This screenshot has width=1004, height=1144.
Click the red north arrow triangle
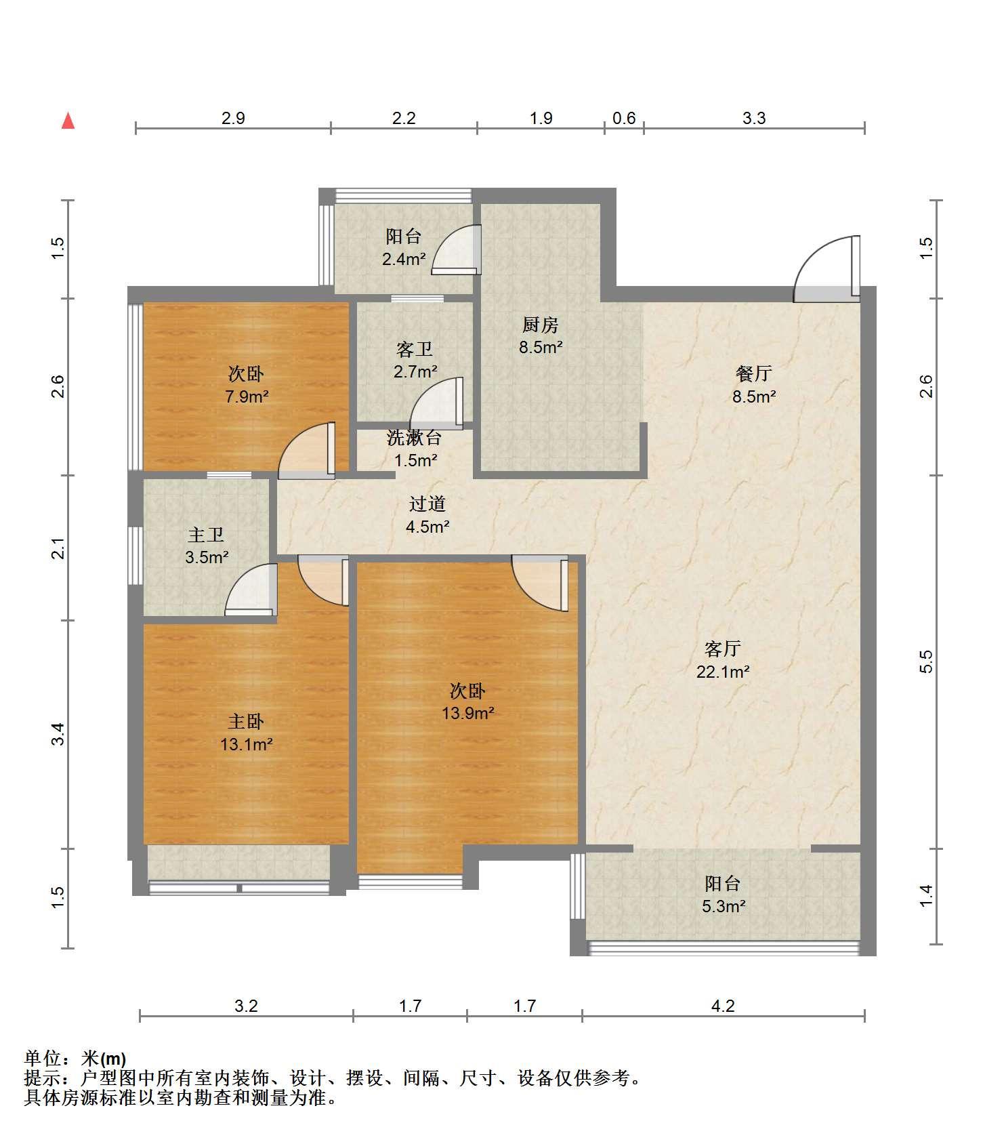point(68,121)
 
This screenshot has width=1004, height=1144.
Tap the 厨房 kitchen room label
point(541,325)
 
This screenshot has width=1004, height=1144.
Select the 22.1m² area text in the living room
point(723,672)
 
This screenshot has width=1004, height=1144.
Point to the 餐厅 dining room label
point(754,373)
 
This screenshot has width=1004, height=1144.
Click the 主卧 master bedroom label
point(246,721)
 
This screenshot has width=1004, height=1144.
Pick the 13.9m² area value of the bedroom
point(468,713)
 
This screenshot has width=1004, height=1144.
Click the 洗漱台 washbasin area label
point(415,438)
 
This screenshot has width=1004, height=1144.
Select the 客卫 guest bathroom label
point(415,349)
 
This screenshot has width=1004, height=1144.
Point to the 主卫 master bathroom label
point(206,535)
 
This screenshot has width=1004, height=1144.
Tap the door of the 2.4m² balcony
point(456,249)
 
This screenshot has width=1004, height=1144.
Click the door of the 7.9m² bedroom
point(307,448)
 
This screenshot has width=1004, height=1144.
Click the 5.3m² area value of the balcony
point(724,906)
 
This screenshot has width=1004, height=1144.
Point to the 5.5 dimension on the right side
point(926,661)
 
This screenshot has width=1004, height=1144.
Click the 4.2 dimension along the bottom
point(723,1006)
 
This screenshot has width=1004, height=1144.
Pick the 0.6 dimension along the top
point(624,118)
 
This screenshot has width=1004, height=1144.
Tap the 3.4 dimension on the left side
point(58,734)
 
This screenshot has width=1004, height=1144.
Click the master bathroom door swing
point(251,590)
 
